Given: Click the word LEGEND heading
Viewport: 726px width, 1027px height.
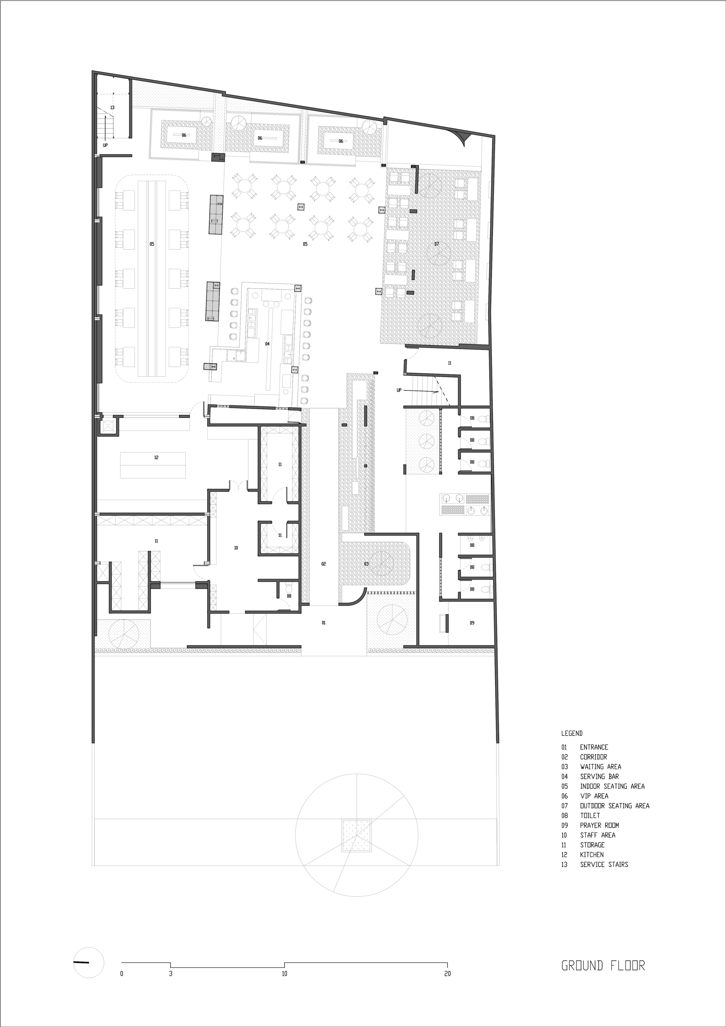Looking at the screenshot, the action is (572, 733).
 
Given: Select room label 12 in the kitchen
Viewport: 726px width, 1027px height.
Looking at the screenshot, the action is (156, 458).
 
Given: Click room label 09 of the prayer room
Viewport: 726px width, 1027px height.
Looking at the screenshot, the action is (472, 623).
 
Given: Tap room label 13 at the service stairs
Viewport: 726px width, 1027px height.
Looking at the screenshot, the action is (112, 108).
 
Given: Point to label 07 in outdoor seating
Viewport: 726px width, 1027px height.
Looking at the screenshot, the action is (437, 244).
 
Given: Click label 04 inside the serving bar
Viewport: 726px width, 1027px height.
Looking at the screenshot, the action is (267, 344).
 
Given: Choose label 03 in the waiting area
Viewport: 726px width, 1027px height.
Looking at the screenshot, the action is (366, 564).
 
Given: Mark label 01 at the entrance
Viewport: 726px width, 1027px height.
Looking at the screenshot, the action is (323, 623).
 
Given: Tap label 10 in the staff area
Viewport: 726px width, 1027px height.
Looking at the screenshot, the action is (236, 548).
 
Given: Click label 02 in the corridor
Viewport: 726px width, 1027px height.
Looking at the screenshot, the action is (323, 564).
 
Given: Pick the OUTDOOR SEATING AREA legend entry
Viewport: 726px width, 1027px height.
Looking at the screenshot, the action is (605, 806).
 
